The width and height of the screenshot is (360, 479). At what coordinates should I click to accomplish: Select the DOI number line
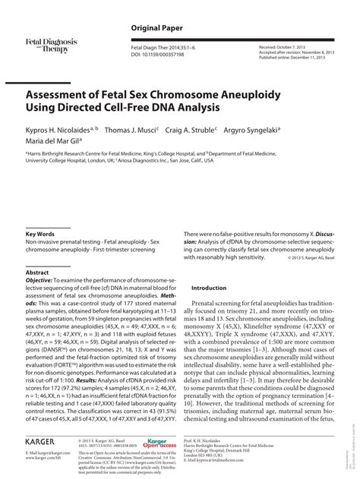click(x=154, y=54)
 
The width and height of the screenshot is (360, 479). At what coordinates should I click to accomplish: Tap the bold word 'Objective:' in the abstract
click(x=43, y=281)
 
